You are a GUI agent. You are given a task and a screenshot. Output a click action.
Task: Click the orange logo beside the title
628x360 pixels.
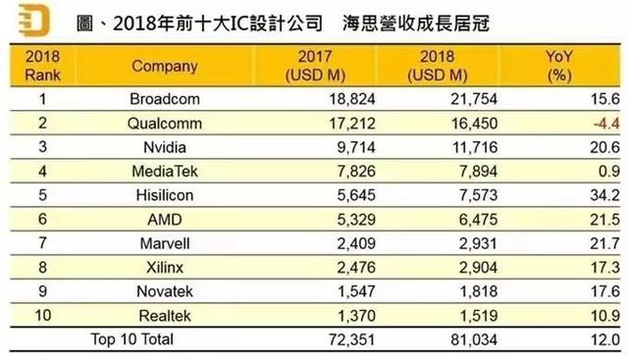pyautogui.click(x=34, y=20)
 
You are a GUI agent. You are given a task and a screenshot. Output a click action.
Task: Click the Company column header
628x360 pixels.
pyautogui.click(x=165, y=66)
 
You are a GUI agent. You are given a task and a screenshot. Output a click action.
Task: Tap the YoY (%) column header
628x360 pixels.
pyautogui.click(x=559, y=66)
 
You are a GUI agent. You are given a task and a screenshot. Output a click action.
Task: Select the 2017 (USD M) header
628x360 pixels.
pyautogui.click(x=315, y=66)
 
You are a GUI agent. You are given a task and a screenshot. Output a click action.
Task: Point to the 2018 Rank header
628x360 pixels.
pyautogui.click(x=42, y=66)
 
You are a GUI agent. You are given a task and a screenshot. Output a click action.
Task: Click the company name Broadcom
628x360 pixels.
pyautogui.click(x=165, y=99)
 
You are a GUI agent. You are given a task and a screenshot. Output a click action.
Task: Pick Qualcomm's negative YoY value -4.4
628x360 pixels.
pyautogui.click(x=606, y=124)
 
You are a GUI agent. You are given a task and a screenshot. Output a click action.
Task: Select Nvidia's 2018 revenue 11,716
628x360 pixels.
pyautogui.click(x=475, y=147)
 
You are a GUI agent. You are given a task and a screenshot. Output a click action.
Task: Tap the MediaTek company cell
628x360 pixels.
pyautogui.click(x=165, y=172)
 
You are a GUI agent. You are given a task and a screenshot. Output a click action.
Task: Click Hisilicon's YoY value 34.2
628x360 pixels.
pyautogui.click(x=604, y=195)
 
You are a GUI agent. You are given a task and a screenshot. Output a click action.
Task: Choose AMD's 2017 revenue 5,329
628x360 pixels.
pyautogui.click(x=356, y=220)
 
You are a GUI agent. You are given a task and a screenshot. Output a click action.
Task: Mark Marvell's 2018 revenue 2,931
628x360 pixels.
pyautogui.click(x=478, y=243)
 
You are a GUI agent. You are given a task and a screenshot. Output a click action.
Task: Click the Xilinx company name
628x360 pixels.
pyautogui.click(x=165, y=268)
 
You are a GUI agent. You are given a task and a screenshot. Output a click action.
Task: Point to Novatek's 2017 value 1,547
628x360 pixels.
pyautogui.click(x=356, y=291)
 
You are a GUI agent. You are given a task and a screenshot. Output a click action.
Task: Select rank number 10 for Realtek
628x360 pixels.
pyautogui.click(x=42, y=316)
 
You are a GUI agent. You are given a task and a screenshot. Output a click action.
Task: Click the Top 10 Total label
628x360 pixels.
pyautogui.click(x=132, y=339)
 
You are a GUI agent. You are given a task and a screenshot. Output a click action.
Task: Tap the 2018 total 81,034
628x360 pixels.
pyautogui.click(x=474, y=340)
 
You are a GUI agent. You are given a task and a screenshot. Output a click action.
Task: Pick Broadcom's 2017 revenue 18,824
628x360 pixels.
pyautogui.click(x=352, y=99)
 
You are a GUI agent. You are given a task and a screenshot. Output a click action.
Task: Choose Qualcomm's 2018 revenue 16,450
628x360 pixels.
pyautogui.click(x=475, y=124)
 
